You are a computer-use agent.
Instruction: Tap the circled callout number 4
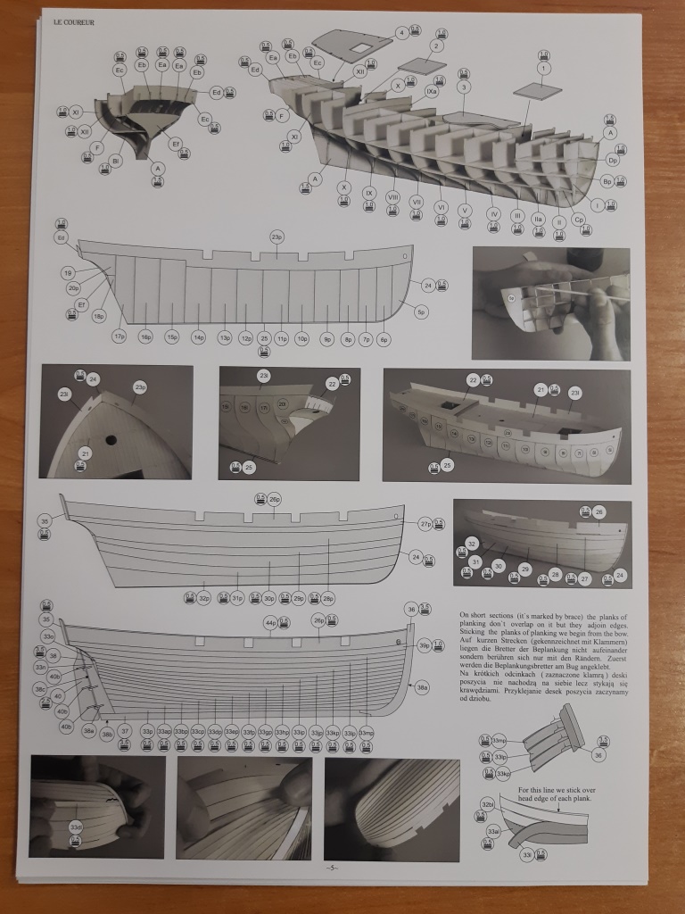coord(402,33)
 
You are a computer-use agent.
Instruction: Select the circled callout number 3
coord(464,87)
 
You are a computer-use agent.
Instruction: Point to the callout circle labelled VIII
coord(392,196)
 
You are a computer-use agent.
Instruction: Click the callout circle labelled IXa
coord(432,90)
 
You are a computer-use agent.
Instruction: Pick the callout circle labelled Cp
coord(578,220)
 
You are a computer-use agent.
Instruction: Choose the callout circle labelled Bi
coord(115,161)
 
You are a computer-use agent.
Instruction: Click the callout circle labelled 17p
coord(120,336)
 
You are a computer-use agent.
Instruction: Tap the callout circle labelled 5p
coord(422,312)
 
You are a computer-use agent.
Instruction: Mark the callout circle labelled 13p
coord(225,339)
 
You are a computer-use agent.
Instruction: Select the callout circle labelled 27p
coord(426,524)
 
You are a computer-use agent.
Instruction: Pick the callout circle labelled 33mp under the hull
coord(366,732)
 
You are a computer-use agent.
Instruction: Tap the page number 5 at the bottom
coord(330,868)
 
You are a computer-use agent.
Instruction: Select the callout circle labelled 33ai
coord(492,831)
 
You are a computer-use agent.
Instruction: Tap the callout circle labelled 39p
coord(425,645)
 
